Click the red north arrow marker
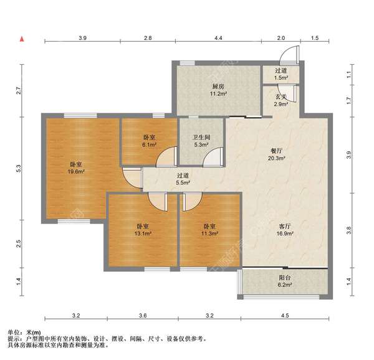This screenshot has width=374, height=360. point(22,39)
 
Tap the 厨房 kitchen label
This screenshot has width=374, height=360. point(218,87)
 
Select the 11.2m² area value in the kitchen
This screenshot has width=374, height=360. point(218,93)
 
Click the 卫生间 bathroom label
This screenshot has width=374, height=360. point(201,137)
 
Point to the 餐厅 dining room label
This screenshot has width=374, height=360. point(276,151)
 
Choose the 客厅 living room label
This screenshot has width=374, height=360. point(285,226)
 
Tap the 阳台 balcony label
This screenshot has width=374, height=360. point(285,278)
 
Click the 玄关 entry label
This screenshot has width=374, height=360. point(280,97)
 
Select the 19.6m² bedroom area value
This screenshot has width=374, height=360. point(76,171)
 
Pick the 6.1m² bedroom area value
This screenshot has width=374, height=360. point(149,144)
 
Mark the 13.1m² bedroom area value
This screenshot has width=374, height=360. point(143,234)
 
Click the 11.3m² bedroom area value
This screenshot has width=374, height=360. point(209,234)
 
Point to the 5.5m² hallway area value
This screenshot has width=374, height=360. point(183,182)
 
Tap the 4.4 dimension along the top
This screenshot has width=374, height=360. point(218,38)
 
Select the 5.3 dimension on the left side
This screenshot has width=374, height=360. point(19,169)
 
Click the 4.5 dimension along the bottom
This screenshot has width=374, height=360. point(285,316)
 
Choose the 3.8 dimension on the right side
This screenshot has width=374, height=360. point(349,230)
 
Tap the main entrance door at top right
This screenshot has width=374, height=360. point(289,55)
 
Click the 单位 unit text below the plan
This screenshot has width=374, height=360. point(14,333)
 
